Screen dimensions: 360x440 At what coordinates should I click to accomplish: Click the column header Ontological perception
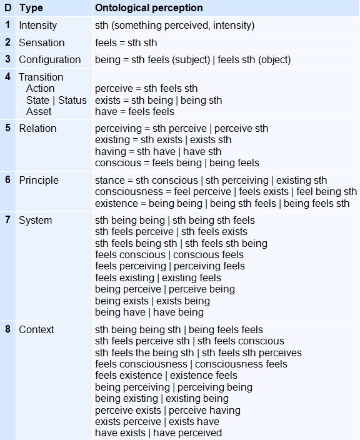pyautogui.click(x=149, y=8)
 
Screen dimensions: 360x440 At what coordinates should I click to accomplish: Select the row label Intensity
pyautogui.click(x=37, y=26)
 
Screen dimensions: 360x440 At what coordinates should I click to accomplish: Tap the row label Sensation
pyautogui.click(x=41, y=42)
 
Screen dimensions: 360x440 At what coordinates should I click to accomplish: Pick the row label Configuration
pyautogui.click(x=49, y=59)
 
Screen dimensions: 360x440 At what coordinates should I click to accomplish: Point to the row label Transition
pyautogui.click(x=41, y=77)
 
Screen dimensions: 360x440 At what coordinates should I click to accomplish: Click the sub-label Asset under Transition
pyautogui.click(x=39, y=111)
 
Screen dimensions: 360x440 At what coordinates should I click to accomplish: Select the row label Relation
pyautogui.click(x=37, y=128)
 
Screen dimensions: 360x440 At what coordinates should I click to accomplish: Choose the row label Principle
pyautogui.click(x=39, y=180)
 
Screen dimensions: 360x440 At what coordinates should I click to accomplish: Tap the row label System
pyautogui.click(x=35, y=220)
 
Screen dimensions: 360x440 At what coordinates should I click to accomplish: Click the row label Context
pyautogui.click(x=36, y=329)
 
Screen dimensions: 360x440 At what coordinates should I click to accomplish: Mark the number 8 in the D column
pyautogui.click(x=7, y=329)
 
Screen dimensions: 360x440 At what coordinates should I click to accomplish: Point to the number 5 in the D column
pyautogui.click(x=7, y=128)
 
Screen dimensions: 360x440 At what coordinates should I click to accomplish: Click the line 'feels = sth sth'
pyautogui.click(x=126, y=42)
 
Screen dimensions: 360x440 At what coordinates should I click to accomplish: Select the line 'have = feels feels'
pyautogui.click(x=134, y=111)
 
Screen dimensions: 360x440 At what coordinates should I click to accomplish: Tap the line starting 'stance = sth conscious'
pyautogui.click(x=211, y=180)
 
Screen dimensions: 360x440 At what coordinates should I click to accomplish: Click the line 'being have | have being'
pyautogui.click(x=149, y=312)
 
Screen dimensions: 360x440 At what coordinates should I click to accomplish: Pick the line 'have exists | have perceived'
pyautogui.click(x=158, y=432)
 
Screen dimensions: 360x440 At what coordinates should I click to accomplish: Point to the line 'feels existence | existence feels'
pyautogui.click(x=166, y=375)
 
